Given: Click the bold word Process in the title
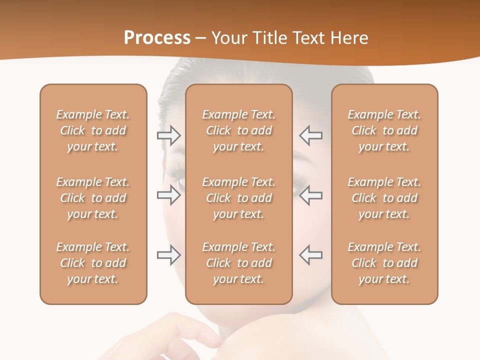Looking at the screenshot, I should tap(157, 38).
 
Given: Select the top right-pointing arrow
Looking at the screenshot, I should tap(169, 135).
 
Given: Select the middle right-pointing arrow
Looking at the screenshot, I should tap(169, 195).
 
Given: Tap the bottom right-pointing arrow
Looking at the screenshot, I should tap(169, 255).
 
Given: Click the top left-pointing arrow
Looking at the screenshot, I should tap(310, 135).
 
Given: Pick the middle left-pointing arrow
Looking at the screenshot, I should tap(310, 195).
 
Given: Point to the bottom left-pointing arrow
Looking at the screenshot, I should tap(310, 255).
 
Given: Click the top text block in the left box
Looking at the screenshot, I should tap(93, 130).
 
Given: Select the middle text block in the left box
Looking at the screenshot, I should tap(93, 198).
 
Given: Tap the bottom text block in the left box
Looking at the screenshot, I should tap(93, 263).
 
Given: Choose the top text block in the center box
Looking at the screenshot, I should tap(238, 130).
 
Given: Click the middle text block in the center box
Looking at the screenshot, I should tap(238, 198).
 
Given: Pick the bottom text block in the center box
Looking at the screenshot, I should tap(238, 263).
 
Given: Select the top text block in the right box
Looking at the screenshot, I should tap(384, 130).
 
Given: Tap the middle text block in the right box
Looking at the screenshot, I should tap(384, 198).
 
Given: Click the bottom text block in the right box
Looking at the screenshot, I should tap(384, 263).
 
